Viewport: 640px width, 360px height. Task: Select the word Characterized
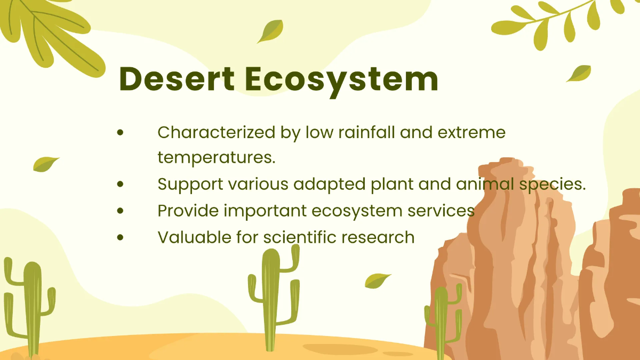coord(217,132)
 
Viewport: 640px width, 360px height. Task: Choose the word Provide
coord(188,211)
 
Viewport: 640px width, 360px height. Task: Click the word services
coord(441,211)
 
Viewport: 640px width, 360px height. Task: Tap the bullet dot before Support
coord(121,185)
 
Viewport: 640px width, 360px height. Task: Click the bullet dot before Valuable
coord(121,237)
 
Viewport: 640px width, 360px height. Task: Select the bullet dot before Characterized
coord(121,132)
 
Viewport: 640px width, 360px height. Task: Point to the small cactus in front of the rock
coord(442,320)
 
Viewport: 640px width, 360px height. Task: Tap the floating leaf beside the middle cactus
coord(377,280)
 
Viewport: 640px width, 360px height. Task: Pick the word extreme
coord(471,132)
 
